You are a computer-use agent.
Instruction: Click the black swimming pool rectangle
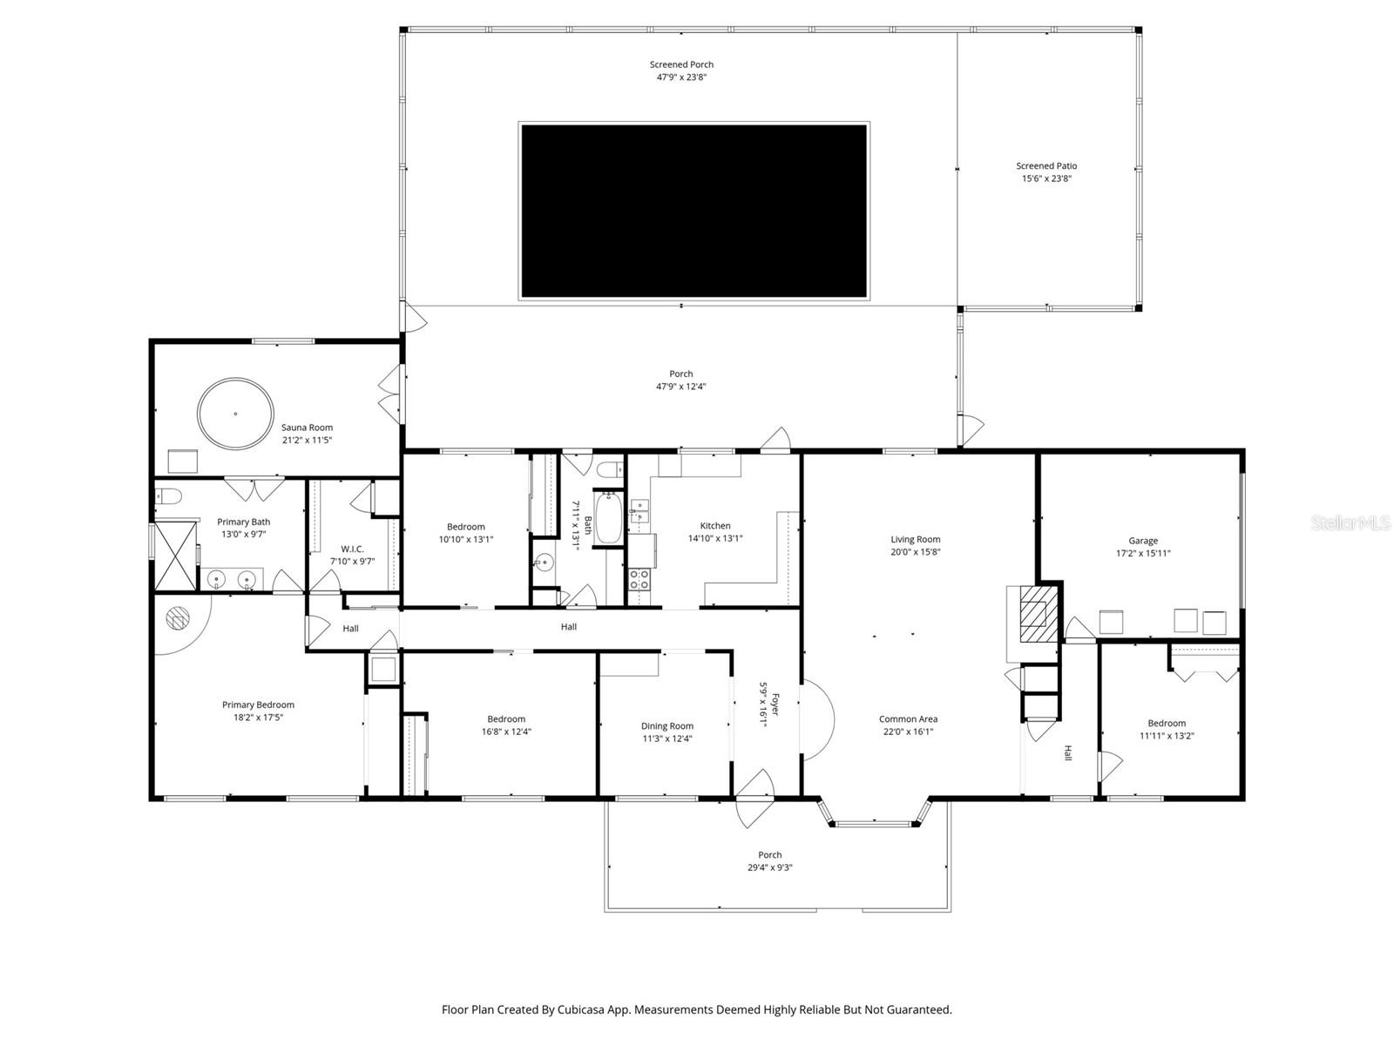694,211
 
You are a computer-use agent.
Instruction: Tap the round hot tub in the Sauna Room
235,414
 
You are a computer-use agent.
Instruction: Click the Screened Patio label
1046,165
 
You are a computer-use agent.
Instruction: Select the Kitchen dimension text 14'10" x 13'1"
715,538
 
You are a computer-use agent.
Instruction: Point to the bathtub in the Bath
608,518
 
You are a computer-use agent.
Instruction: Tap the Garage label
1143,540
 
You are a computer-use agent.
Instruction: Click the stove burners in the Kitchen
639,579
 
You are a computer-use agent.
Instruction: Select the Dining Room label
667,725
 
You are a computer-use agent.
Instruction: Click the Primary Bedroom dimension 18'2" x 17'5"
258,718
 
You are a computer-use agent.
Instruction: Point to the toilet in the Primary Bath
169,497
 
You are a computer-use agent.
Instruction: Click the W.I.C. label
352,549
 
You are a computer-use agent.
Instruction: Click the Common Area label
908,719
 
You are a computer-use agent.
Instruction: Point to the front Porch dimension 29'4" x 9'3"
769,867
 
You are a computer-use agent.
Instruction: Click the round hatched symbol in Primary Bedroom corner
177,617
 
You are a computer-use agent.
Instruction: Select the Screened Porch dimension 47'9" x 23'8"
681,77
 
